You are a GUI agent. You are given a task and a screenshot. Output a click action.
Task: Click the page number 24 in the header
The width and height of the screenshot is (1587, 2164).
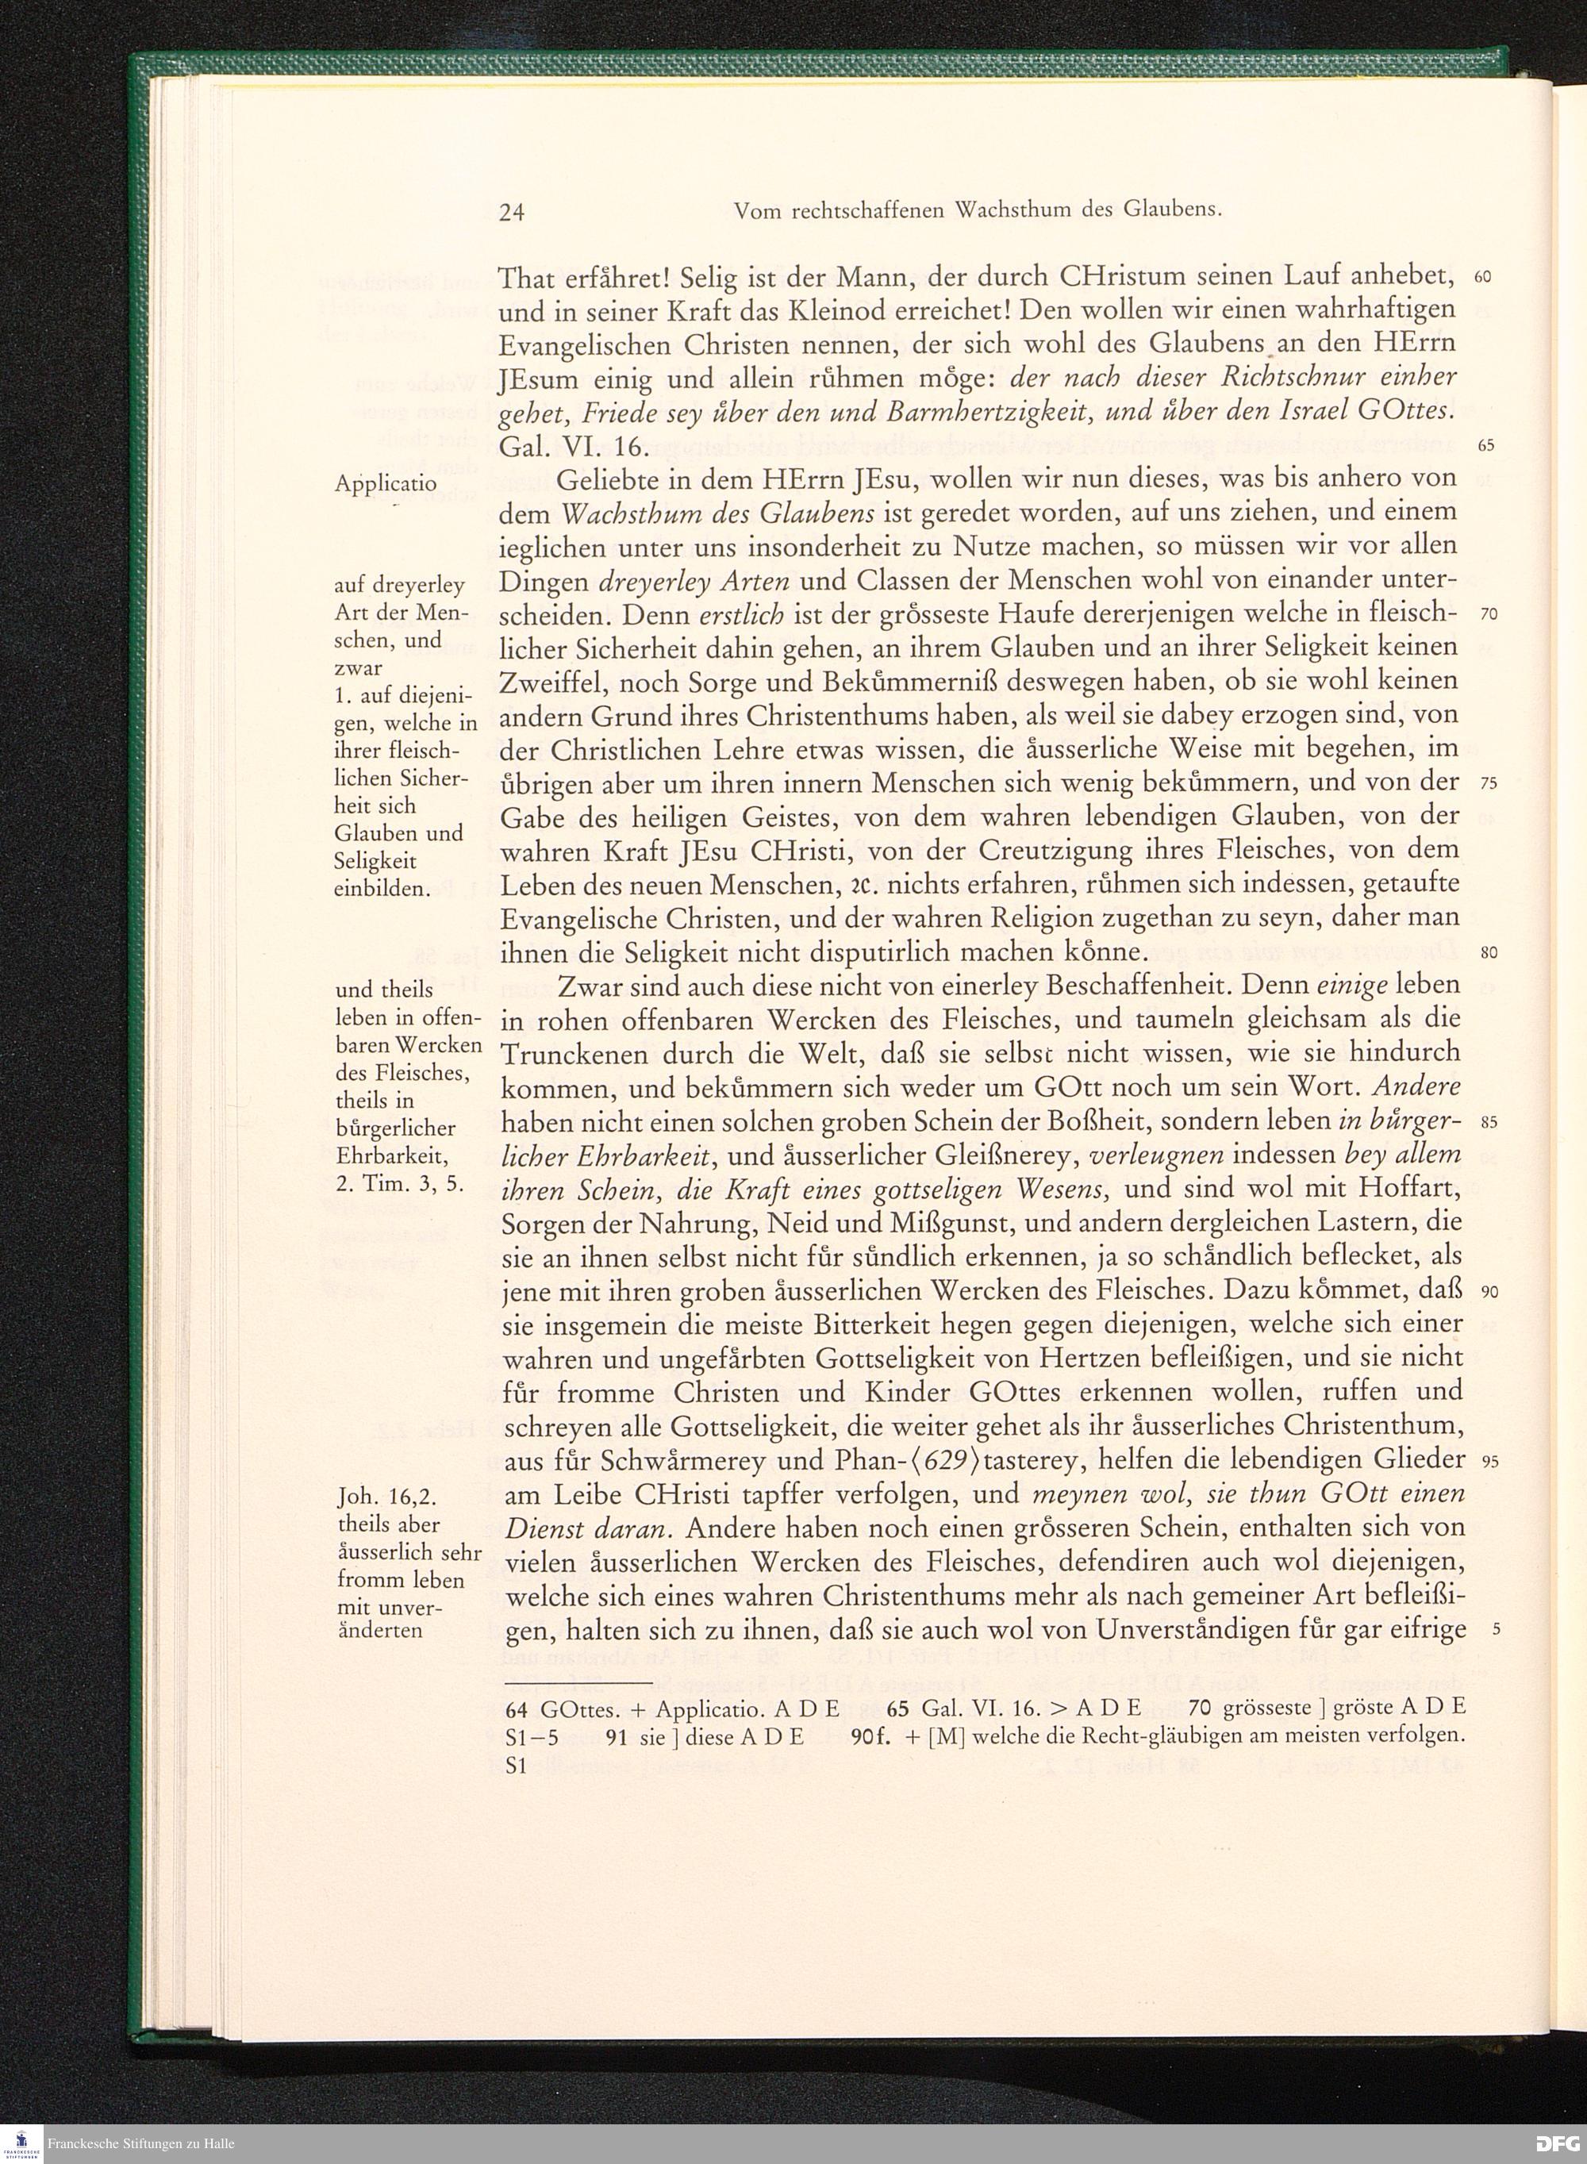(512, 212)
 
